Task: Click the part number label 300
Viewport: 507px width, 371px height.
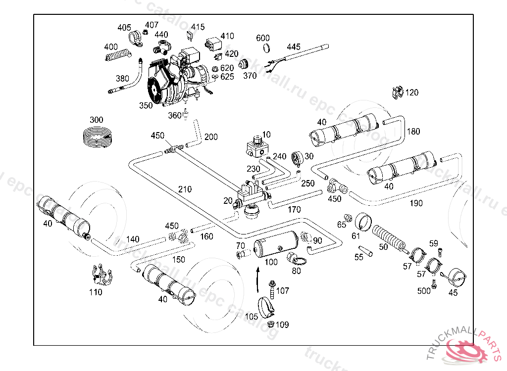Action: click(96, 120)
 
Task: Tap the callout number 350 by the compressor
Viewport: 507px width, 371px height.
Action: click(146, 105)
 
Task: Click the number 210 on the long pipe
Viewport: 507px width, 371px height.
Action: click(185, 189)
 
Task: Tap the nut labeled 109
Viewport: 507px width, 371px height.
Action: click(271, 325)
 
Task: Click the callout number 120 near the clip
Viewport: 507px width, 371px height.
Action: click(411, 93)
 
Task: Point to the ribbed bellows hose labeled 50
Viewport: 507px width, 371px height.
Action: click(390, 237)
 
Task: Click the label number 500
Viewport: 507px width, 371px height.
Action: click(424, 291)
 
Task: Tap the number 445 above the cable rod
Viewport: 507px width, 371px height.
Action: click(293, 47)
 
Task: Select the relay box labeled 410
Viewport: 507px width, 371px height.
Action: click(213, 44)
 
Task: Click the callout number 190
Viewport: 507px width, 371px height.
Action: click(416, 203)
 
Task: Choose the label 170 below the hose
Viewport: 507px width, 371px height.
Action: click(294, 210)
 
